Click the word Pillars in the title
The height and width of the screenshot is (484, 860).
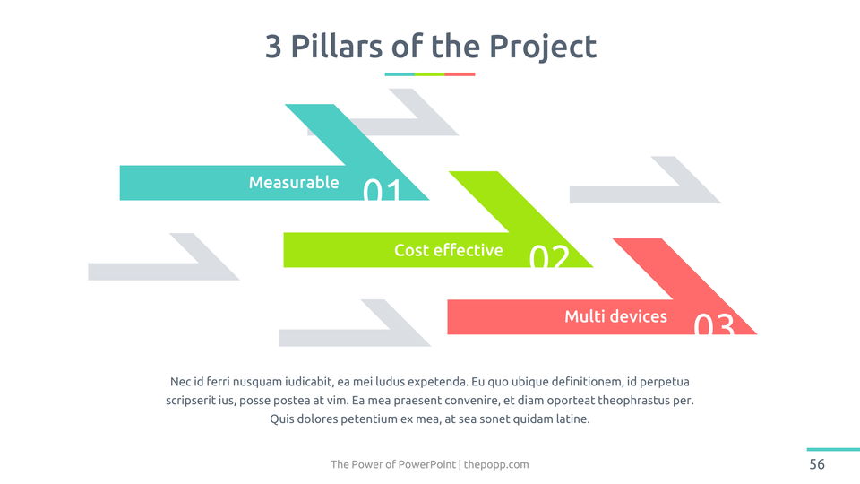coord(336,46)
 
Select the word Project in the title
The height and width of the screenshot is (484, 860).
coord(543,48)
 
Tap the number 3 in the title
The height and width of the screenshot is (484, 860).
coord(273,47)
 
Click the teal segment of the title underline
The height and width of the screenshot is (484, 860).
coord(400,74)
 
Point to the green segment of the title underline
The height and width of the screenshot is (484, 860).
coord(429,74)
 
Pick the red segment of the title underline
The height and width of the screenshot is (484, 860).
coord(460,74)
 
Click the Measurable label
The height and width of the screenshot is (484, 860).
coord(294,182)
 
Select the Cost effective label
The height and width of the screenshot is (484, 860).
coord(449,250)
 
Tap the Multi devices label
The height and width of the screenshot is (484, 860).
coord(616,316)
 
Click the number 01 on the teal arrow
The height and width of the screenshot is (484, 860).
coord(383,189)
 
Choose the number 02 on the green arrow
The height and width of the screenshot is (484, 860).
coord(549,256)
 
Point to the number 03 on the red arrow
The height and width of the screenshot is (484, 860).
coord(714,324)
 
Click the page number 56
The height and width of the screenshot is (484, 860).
coord(817,464)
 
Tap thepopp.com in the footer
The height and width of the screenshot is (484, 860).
coord(496,464)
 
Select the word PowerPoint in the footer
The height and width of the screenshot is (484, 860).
coord(427,464)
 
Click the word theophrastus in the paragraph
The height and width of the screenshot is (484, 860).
coord(636,400)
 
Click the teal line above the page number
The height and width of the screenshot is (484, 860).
coord(833,449)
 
